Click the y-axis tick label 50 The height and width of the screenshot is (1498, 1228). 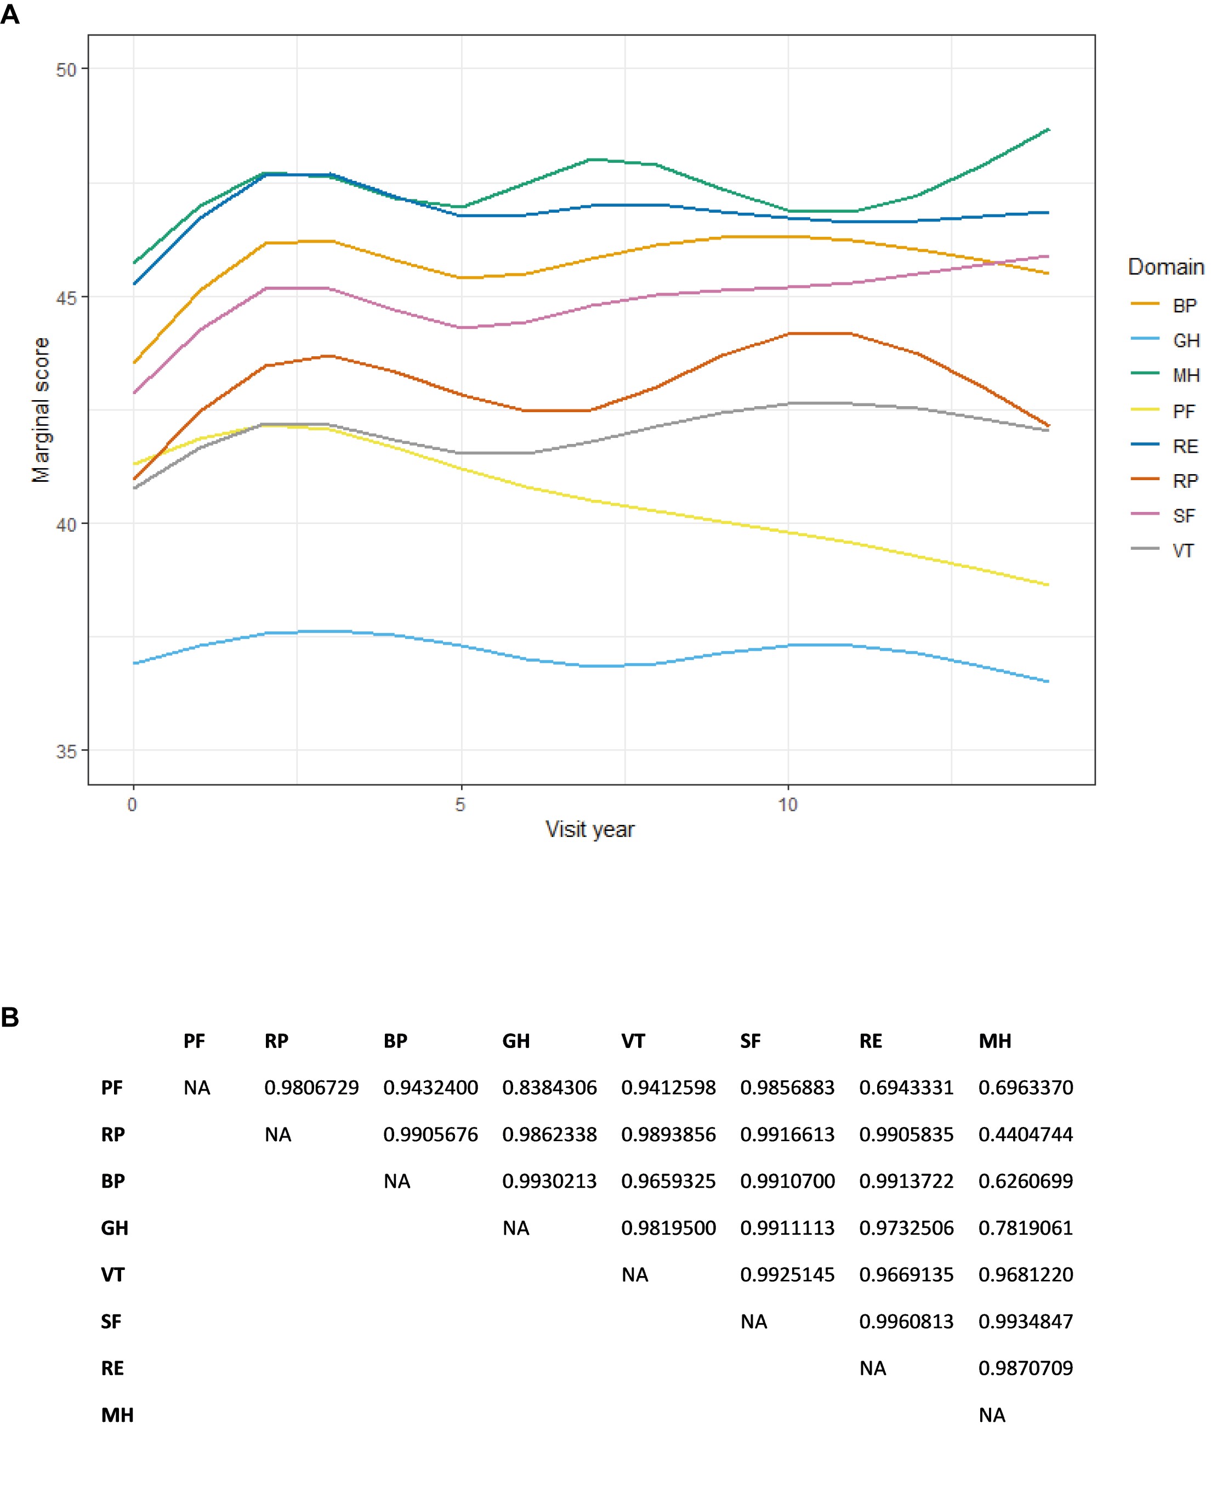pyautogui.click(x=65, y=70)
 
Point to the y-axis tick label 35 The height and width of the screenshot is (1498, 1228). pyautogui.click(x=65, y=751)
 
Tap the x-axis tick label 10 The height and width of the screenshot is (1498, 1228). pyautogui.click(x=787, y=805)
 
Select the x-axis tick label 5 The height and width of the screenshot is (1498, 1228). pyautogui.click(x=461, y=805)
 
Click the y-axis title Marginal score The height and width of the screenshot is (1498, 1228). pyautogui.click(x=41, y=410)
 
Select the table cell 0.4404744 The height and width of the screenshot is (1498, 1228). pyautogui.click(x=1025, y=1135)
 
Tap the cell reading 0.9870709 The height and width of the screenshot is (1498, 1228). pyautogui.click(x=1025, y=1368)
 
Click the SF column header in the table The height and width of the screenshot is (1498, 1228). pyautogui.click(x=750, y=1041)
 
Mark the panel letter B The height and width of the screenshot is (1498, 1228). pyautogui.click(x=10, y=1018)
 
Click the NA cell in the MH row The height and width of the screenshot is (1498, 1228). pyautogui.click(x=992, y=1415)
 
